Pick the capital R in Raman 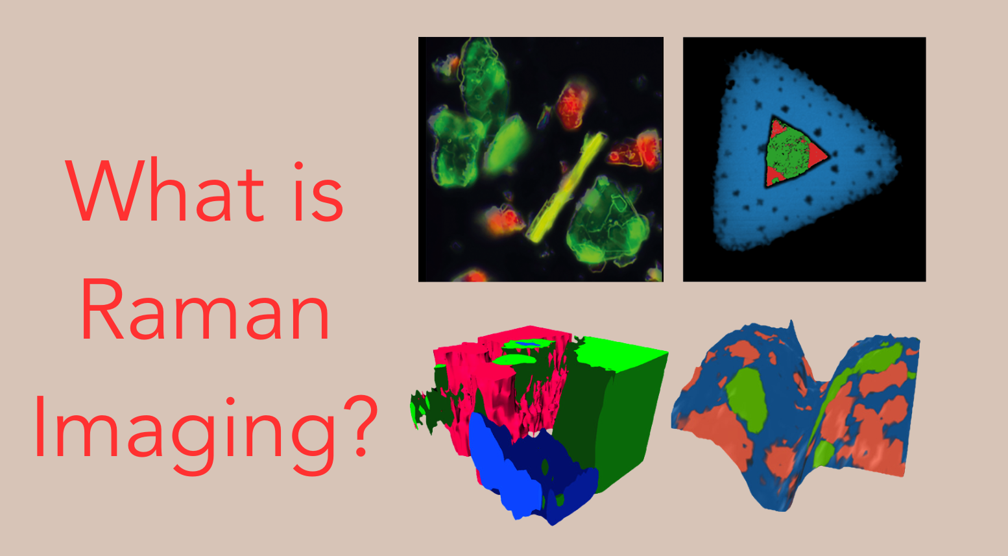pos(101,309)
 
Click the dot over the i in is pos(298,165)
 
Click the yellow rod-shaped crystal pos(566,187)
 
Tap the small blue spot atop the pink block pos(527,344)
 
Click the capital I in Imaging pos(40,427)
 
